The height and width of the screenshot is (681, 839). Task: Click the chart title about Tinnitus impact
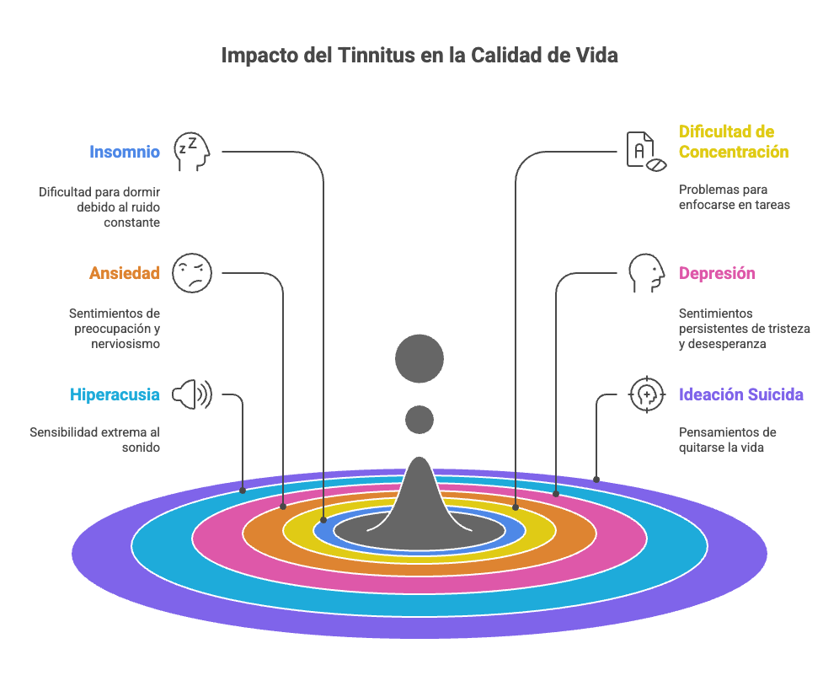click(419, 56)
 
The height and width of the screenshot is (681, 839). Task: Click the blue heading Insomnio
click(125, 153)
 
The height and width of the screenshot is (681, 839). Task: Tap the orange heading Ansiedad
click(125, 273)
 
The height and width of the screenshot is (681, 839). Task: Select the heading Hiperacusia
click(115, 394)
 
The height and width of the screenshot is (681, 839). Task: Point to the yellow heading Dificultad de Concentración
click(734, 142)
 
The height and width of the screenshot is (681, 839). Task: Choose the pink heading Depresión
click(717, 273)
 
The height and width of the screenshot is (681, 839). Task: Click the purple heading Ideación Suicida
click(741, 394)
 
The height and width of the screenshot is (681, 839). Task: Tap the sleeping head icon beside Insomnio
click(191, 152)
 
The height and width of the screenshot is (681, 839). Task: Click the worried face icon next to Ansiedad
click(191, 273)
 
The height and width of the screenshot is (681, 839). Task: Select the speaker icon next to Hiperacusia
click(192, 394)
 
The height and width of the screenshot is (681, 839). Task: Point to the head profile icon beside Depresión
click(645, 273)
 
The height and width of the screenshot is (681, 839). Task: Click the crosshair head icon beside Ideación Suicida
click(646, 394)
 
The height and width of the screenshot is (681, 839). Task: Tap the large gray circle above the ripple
click(419, 359)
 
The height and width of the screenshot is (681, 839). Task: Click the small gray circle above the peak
click(419, 419)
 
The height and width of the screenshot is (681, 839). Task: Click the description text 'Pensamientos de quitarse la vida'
click(728, 440)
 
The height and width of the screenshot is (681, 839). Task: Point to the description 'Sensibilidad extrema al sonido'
click(94, 440)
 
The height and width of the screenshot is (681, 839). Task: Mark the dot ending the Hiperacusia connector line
click(243, 490)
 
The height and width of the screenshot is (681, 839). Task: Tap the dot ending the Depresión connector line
click(556, 493)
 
